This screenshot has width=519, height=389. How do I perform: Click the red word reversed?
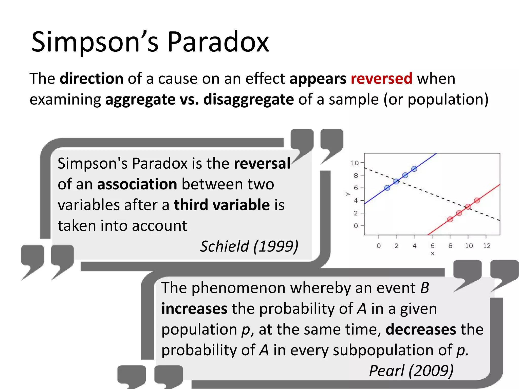click(381, 79)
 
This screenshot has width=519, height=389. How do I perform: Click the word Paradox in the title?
click(218, 42)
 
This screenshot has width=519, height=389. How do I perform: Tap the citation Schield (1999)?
click(249, 246)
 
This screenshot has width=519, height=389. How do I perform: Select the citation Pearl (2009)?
click(411, 371)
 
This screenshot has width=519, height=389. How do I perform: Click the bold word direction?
click(91, 79)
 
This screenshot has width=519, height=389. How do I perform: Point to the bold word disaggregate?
click(249, 99)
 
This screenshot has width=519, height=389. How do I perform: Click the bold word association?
click(137, 184)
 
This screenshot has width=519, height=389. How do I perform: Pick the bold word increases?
click(194, 309)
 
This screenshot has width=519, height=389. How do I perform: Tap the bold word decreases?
click(421, 329)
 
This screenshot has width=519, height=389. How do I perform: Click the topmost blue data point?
click(414, 169)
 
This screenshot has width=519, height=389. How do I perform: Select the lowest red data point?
click(450, 219)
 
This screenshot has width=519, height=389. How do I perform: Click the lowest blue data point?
click(387, 188)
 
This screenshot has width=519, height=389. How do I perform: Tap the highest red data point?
click(477, 201)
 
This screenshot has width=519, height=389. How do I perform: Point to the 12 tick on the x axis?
click(487, 246)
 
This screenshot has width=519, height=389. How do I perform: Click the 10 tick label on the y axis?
click(355, 163)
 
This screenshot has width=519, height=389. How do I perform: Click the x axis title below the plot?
click(432, 254)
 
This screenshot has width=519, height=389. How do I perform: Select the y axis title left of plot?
click(347, 194)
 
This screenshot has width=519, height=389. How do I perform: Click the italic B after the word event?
click(424, 288)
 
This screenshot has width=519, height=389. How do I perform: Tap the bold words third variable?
click(222, 205)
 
